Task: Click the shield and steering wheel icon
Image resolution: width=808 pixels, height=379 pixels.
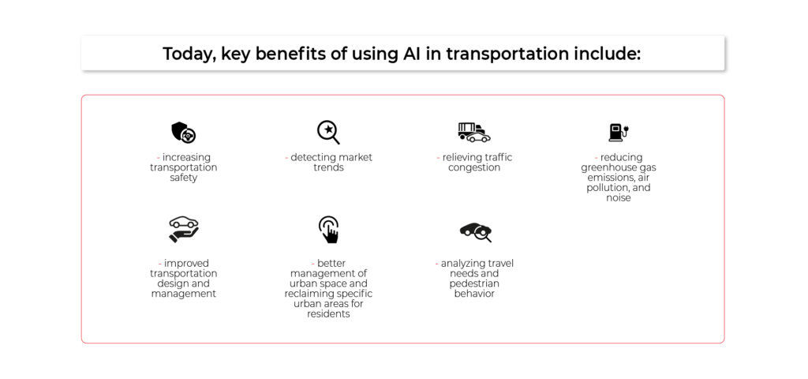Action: (x=183, y=133)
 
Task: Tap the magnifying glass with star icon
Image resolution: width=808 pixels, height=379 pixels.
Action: (x=328, y=132)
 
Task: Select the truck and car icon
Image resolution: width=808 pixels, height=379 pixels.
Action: (x=474, y=132)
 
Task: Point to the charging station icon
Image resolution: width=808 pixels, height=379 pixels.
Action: (x=619, y=132)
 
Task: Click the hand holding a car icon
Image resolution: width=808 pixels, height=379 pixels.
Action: (x=183, y=230)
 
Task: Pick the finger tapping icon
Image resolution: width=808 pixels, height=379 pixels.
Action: (x=328, y=230)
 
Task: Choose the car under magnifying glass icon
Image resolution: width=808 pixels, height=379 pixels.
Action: (x=475, y=231)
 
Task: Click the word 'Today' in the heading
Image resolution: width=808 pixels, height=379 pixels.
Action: (x=189, y=54)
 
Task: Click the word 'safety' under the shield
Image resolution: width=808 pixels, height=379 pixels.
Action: (x=183, y=178)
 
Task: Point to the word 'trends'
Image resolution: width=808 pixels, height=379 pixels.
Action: (x=328, y=167)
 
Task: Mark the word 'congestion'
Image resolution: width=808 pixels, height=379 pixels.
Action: (x=474, y=168)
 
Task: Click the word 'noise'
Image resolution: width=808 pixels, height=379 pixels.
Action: (x=619, y=197)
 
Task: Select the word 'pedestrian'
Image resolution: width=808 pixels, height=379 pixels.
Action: (x=474, y=283)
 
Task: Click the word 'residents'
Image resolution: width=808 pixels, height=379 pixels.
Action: (x=328, y=313)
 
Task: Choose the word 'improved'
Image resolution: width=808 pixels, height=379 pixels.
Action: (x=186, y=264)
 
